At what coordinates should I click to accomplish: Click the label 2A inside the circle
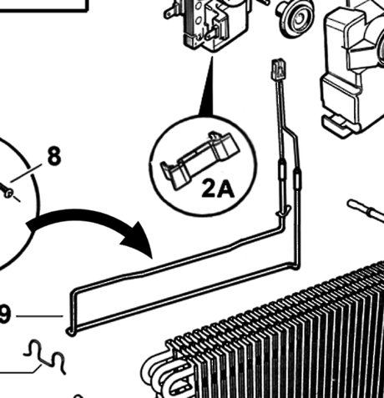pos(218,189)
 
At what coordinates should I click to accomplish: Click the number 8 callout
pos(54,156)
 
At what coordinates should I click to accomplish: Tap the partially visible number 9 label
pos(5,315)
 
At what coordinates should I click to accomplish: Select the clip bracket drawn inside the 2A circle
pos(200,159)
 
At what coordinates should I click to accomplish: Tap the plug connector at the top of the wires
pos(277,68)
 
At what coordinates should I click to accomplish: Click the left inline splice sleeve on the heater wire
pos(282,171)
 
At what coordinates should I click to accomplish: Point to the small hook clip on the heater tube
pos(284,211)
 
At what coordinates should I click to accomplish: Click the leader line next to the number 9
pos(39,316)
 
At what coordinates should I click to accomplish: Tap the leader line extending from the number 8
pos(26,174)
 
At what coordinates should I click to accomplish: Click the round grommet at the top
pos(296,18)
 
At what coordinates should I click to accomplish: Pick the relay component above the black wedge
pos(206,23)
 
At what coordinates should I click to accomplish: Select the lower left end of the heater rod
pos(70,331)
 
